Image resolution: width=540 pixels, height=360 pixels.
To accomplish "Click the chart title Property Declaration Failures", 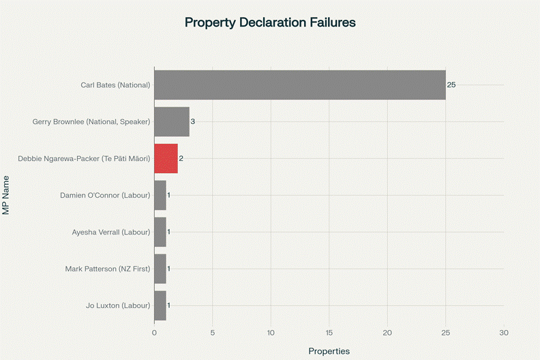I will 270,22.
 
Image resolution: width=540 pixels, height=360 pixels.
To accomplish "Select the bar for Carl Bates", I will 299,85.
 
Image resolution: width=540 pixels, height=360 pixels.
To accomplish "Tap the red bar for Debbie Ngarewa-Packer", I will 166,158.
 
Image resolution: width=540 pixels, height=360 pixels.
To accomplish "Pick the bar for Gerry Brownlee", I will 171,121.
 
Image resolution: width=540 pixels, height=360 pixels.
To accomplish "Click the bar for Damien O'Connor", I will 160,195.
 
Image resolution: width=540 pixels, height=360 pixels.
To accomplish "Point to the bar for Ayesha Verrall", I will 160,232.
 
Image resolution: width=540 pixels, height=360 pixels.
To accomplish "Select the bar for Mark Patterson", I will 160,269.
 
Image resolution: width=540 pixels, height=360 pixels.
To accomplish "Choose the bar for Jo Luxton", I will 160,305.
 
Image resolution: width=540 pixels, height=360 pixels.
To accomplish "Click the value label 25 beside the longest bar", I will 451,85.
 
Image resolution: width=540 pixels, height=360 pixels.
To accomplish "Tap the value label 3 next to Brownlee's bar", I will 193,121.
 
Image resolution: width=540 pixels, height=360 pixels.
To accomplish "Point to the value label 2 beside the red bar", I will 181,158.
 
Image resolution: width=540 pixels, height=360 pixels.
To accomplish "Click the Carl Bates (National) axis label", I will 115,85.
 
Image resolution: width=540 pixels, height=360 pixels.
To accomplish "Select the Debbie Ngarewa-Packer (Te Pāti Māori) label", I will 84,158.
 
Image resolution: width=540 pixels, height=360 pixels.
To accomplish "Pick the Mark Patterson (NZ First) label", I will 107,269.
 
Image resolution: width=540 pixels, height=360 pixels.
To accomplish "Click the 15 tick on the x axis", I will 329,333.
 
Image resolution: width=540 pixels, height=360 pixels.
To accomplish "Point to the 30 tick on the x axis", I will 504,333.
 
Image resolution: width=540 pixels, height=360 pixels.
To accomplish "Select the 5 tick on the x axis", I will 213,333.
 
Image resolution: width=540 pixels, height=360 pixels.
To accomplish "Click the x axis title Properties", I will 329,351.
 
